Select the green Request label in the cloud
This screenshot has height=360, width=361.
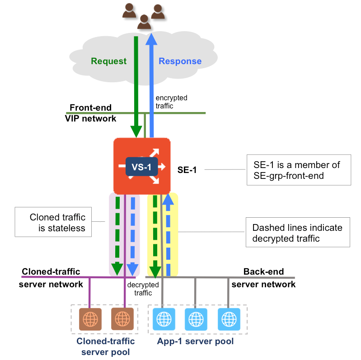tap(109, 61)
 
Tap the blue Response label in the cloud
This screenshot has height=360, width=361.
tap(180, 61)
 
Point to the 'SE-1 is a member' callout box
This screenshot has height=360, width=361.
tap(298, 170)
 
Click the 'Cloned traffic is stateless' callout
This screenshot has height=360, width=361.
tap(53, 222)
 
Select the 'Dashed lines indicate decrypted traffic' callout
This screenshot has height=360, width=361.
tap(298, 233)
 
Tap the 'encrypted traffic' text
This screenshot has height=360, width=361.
tap(171, 102)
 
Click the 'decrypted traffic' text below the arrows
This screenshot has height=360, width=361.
tap(143, 289)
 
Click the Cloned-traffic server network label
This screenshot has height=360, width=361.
tap(51, 278)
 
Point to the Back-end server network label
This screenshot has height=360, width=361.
tap(264, 278)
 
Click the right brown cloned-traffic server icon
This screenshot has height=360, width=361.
tap(122, 319)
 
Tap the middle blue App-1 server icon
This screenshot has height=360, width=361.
tap(196, 319)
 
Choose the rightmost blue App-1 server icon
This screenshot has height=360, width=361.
tap(228, 319)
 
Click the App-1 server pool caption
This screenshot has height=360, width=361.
tap(196, 341)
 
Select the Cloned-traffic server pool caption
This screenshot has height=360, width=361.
tap(106, 346)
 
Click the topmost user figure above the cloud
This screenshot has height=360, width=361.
tap(129, 10)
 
